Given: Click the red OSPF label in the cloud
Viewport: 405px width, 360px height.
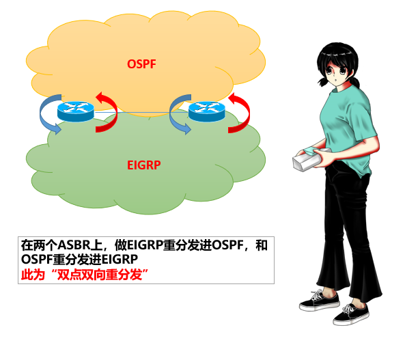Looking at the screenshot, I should point(142,64).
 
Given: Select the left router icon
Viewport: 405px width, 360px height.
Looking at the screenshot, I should point(74,110).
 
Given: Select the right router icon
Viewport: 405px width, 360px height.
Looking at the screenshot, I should point(206,110).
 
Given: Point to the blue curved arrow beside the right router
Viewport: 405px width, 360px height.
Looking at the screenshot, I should point(179,115).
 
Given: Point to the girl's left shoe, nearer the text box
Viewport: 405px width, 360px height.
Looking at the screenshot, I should point(318,300).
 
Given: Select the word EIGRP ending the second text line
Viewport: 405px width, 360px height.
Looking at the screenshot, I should point(120,260).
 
